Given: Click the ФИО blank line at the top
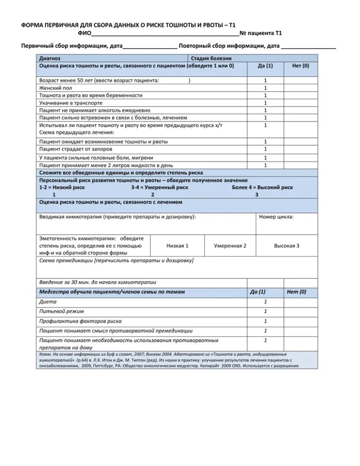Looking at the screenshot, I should point(165,34).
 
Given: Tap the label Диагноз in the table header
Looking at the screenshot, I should point(49,58).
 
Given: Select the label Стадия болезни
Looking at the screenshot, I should point(211,58).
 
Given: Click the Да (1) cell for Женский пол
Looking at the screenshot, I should point(265,88).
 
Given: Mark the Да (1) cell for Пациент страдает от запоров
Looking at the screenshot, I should point(265,149).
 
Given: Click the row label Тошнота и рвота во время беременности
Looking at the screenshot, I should point(91,95).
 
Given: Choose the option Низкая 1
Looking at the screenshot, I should point(177,246).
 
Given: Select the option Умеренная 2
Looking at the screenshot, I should point(230,246).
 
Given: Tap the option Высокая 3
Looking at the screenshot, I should point(287,246).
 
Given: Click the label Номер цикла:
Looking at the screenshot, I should point(277,217).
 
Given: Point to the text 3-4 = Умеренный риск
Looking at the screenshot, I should point(160,187).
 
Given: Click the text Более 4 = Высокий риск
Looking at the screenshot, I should point(262,187).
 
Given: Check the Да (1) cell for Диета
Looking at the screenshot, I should point(265,302).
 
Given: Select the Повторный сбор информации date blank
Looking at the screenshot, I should point(309,46).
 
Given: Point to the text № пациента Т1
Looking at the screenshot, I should point(261,33).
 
